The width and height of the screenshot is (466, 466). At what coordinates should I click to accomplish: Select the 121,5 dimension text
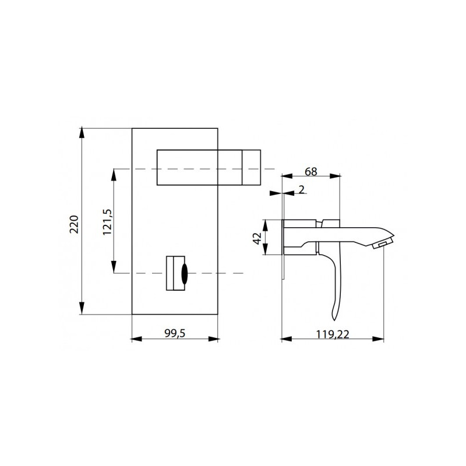pyautogui.click(x=107, y=221)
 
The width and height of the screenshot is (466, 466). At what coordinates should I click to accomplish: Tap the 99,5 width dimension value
pyautogui.click(x=174, y=333)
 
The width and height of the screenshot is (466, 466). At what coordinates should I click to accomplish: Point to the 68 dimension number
pyautogui.click(x=310, y=172)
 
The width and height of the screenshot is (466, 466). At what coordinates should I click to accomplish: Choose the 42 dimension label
pyautogui.click(x=257, y=237)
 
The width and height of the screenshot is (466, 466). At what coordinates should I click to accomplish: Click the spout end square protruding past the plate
pyautogui.click(x=251, y=167)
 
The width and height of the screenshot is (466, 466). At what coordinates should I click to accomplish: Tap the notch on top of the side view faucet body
pyautogui.click(x=319, y=222)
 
